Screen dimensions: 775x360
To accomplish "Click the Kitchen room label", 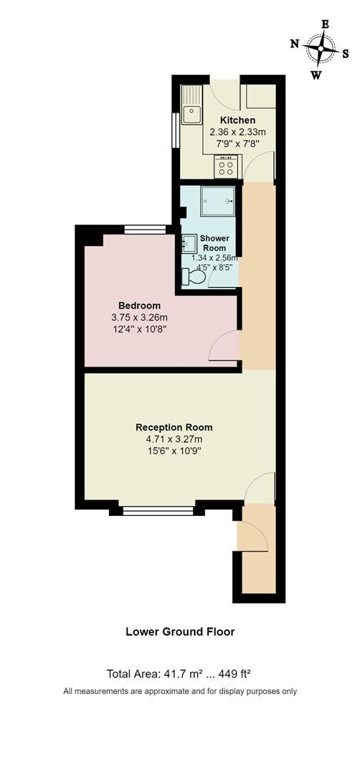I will coord(237,120).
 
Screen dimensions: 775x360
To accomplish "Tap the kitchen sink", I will coord(191,112).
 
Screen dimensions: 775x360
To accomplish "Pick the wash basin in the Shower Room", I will coord(190,245).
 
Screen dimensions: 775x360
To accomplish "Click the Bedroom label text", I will coord(139,306).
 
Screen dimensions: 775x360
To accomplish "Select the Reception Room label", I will coord(174,427).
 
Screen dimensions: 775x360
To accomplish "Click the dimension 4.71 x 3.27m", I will coord(174,439).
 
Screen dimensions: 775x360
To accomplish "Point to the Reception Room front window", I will coord(158,511).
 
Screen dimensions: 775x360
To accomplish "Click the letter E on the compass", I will coord(325,24).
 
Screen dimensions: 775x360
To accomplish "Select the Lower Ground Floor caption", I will coord(180,632).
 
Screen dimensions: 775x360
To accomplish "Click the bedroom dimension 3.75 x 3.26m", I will coord(139,318).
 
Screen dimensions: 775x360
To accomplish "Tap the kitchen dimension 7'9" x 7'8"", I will coord(237,144).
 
